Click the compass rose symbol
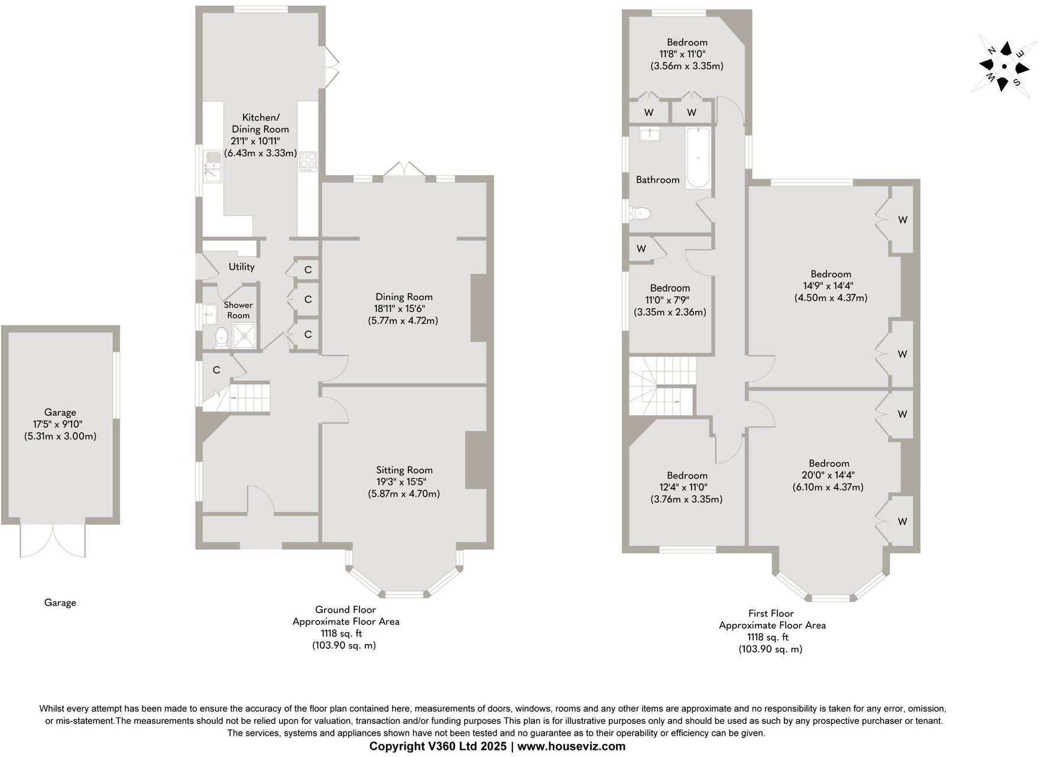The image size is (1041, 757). [1004, 66]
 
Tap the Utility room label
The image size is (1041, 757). [241, 267]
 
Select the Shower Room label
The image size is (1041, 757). [238, 310]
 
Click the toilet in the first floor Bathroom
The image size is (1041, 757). [640, 213]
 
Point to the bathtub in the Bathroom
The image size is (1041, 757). [698, 158]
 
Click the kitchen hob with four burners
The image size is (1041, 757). [308, 161]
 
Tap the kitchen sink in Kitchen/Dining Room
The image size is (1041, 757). [212, 165]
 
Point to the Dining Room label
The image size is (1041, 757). [404, 297]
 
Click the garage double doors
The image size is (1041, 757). [52, 539]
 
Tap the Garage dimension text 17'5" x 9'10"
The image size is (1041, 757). [60, 424]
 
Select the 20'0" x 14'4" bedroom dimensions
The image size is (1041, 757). [829, 475]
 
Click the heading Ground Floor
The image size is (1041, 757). [345, 609]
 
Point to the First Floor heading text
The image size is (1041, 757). [771, 613]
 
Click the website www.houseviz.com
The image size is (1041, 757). [572, 746]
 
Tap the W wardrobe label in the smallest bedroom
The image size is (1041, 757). [641, 249]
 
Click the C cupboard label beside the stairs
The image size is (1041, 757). [216, 370]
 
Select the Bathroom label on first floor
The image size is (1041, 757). [657, 180]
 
